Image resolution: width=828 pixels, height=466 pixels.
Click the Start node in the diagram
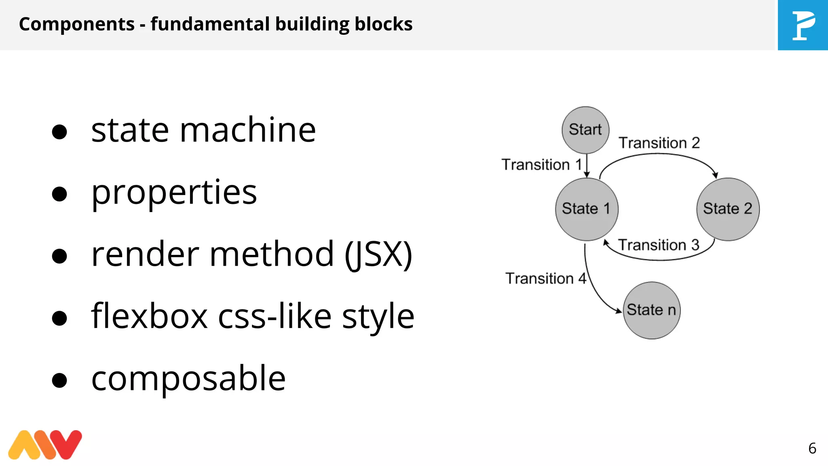click(x=585, y=130)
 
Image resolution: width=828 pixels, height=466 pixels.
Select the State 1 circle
click(x=587, y=209)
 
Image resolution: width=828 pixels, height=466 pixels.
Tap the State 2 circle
click(x=728, y=209)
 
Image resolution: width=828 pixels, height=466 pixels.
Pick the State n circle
click(x=651, y=310)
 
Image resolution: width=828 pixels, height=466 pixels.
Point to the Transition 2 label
click(x=659, y=143)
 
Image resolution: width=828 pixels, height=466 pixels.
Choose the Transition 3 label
click(x=659, y=245)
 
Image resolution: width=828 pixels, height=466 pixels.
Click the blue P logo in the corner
click(x=803, y=25)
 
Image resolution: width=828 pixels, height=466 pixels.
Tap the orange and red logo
click(x=45, y=445)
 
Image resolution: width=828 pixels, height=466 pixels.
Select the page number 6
click(x=812, y=448)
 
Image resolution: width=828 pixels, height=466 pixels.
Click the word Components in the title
click(x=77, y=24)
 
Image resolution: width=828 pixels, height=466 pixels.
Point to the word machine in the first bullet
click(x=247, y=130)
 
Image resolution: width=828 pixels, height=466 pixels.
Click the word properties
click(x=174, y=193)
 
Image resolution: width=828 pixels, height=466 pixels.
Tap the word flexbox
click(x=150, y=316)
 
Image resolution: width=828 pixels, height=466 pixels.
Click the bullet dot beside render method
click(x=59, y=256)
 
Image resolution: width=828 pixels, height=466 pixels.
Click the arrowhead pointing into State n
click(x=619, y=311)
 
